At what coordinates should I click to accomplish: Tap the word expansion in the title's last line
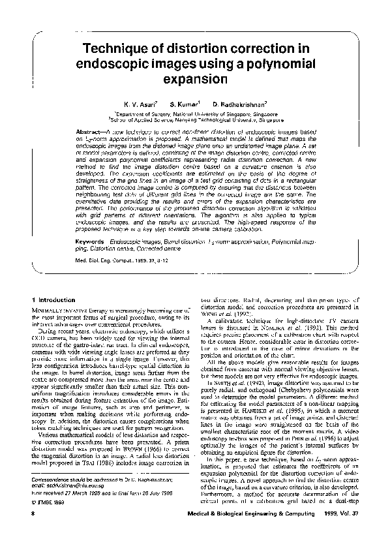[196, 80]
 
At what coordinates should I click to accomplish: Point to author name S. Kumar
[184, 104]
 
